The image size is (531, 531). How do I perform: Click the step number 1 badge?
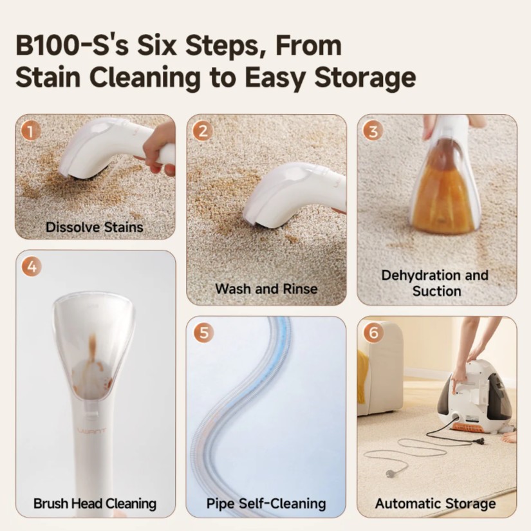coord(30,131)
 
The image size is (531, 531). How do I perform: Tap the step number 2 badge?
coord(203,131)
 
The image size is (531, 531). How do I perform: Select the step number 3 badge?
coord(373,131)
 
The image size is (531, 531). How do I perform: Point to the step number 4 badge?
coord(32,267)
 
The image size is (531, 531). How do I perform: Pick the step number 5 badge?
coord(203,333)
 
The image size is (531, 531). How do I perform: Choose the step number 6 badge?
coord(373,333)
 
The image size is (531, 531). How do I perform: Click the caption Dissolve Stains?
coord(95,227)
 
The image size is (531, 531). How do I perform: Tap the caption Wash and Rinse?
coord(266,289)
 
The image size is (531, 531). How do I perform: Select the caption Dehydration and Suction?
coord(435,283)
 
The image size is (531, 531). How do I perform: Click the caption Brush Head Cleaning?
coord(95,503)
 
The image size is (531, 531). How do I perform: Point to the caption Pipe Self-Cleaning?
coord(266,503)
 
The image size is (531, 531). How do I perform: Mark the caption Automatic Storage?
coord(436,503)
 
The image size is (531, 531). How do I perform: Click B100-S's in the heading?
coord(72,46)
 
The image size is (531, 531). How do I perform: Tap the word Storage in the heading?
coord(365,79)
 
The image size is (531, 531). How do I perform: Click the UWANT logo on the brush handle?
coord(92,431)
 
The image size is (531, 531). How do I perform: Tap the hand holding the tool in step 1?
coord(158,149)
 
